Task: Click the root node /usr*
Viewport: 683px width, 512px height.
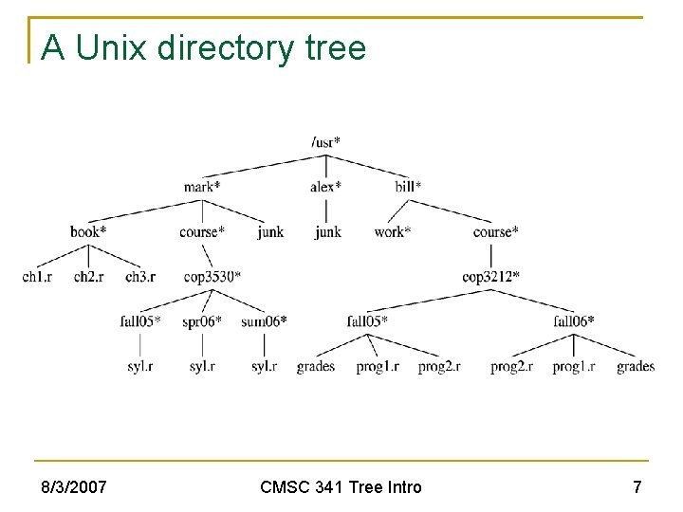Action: [x=325, y=142]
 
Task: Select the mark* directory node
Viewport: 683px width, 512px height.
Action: [x=201, y=187]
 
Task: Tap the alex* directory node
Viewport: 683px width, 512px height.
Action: [x=325, y=187]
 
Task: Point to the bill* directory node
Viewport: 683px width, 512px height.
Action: [x=408, y=187]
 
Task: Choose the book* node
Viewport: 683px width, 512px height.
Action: [x=88, y=231]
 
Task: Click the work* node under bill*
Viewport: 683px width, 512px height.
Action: [x=392, y=231]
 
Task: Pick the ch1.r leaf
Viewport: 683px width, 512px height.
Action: [x=37, y=277]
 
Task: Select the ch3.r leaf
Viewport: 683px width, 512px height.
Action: [x=139, y=277]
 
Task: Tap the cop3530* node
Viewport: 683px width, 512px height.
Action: [x=212, y=277]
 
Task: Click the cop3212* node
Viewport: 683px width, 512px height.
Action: [x=490, y=277]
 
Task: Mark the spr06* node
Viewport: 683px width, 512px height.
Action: [x=201, y=321]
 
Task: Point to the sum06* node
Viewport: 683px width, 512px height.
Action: [x=264, y=321]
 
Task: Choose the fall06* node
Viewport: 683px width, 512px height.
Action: [x=574, y=321]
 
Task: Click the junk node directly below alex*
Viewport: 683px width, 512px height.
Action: [x=327, y=231]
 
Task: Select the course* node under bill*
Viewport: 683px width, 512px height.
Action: [x=495, y=231]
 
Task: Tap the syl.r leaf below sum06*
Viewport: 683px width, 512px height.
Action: [x=264, y=366]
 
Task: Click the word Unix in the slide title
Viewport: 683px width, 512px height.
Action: [x=107, y=46]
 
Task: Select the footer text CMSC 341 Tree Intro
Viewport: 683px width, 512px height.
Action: [x=341, y=487]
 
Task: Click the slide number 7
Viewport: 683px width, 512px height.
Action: [x=637, y=487]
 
